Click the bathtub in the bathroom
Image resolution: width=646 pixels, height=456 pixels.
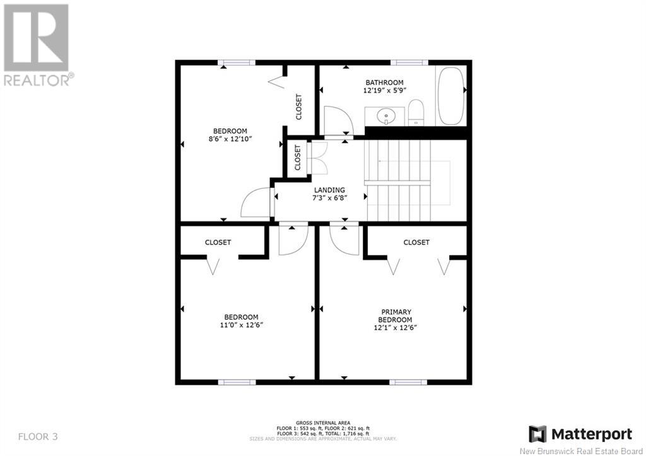click(450, 96)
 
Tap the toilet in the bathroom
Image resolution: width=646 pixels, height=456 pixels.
click(416, 112)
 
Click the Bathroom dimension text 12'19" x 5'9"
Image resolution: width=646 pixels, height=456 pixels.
click(385, 91)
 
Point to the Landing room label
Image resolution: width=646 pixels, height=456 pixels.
click(329, 190)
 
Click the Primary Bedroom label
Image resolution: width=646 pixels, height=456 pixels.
click(396, 316)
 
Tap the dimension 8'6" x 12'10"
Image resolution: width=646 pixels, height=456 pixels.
click(230, 139)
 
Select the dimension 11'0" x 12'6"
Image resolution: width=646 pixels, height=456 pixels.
click(241, 325)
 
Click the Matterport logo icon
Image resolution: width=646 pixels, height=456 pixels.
click(537, 434)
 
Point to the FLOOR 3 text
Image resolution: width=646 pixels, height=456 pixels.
click(38, 436)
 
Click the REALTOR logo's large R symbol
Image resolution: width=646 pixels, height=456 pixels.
click(36, 37)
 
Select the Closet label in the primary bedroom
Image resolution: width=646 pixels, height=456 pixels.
click(416, 242)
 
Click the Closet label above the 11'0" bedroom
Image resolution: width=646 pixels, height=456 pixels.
click(218, 242)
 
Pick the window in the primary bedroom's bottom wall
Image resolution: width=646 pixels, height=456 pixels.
click(406, 382)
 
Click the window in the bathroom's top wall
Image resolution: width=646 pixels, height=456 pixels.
click(409, 62)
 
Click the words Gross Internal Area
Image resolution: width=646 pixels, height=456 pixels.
click(323, 423)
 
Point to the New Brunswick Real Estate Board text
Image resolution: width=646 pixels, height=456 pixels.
click(581, 451)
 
